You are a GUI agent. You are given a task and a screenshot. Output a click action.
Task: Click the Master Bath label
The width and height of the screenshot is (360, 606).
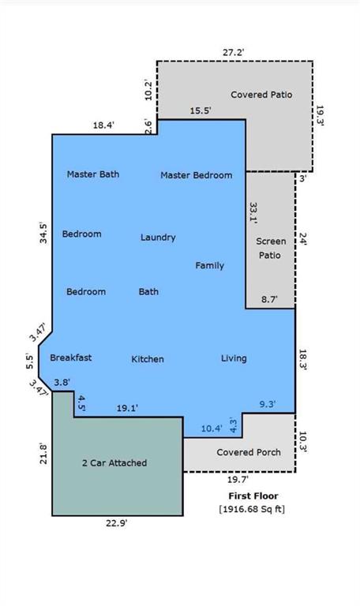93,174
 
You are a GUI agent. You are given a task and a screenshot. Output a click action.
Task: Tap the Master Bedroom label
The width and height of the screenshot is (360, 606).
197,175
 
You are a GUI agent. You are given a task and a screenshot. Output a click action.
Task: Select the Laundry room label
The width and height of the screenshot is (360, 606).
158,238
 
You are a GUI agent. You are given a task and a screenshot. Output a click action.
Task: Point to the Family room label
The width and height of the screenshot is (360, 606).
209,265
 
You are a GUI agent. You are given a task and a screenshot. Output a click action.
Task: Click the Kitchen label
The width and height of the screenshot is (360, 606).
148,359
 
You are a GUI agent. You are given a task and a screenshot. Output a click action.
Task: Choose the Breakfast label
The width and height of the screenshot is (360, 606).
71,357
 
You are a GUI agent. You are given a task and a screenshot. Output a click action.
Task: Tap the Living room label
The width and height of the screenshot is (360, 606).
234,358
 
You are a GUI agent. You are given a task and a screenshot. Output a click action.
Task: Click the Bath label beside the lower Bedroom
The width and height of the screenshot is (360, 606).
148,291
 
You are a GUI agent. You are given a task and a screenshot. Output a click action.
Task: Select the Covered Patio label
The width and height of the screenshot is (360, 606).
261,95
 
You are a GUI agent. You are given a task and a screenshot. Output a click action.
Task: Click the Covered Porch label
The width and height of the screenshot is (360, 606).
249,452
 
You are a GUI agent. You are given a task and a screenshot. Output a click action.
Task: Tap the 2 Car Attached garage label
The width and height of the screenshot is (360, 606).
114,462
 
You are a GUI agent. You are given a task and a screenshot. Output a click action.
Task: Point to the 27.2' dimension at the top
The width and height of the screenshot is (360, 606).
233,52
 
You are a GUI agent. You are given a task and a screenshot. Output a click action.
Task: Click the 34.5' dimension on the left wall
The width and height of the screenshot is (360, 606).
43,233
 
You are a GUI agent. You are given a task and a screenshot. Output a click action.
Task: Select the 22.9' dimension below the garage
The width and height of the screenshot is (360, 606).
117,524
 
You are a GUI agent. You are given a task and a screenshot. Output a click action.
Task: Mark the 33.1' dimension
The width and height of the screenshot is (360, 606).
253,213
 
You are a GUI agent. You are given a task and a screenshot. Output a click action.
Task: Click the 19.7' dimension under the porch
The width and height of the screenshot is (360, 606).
238,480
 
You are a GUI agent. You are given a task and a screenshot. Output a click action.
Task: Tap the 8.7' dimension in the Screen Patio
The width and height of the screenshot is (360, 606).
268,299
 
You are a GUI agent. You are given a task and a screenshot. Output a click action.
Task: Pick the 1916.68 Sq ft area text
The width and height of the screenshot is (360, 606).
252,509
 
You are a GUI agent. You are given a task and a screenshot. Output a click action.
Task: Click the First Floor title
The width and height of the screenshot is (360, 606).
253,496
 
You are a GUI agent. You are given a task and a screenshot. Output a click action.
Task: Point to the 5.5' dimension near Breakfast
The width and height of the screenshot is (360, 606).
30,361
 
